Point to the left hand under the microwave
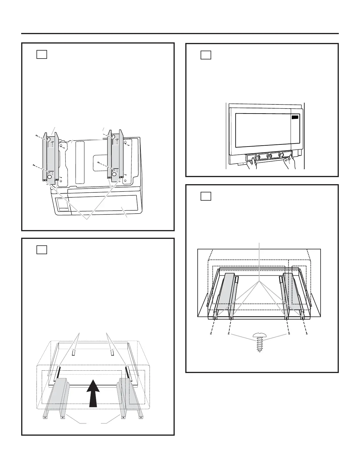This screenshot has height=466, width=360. coord(251,163)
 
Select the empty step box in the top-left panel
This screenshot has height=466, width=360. coord(42,54)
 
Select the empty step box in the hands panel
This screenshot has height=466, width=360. coord(206,55)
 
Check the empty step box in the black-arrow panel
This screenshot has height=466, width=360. coord(42,249)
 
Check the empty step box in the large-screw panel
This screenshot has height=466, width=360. coord(206,196)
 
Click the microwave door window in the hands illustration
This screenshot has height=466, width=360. coord(263,130)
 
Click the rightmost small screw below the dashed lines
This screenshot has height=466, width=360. coord(307,334)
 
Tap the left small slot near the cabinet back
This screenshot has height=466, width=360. coord(74,352)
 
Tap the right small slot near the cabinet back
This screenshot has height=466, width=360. coord(112,352)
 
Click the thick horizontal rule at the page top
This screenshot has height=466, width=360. coord(180,34)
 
